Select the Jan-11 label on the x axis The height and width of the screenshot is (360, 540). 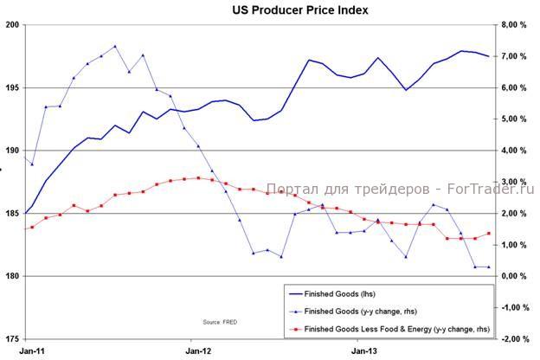tap(33, 351)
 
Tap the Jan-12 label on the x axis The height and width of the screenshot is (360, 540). tap(198, 351)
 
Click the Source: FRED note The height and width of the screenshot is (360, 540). tap(220, 321)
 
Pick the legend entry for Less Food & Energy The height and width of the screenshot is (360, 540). tap(398, 329)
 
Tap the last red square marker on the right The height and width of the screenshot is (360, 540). tap(489, 234)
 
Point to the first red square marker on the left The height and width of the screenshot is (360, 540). tap(32, 227)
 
